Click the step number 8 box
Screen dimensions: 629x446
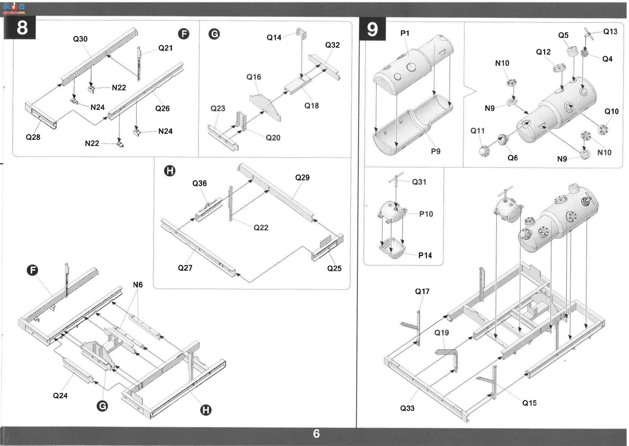pos(20,28)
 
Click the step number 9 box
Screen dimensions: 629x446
pos(373,29)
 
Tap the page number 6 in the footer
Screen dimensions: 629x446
pos(317,434)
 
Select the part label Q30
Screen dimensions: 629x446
pos(80,39)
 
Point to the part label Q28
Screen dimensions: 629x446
pos(33,137)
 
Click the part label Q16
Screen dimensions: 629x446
pos(254,77)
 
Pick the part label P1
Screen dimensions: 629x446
pos(405,33)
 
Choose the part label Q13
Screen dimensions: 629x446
pos(610,31)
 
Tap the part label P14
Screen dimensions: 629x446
pos(425,255)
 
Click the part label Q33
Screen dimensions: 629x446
pos(407,408)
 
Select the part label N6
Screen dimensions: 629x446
pos(138,285)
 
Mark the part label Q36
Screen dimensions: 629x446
pos(200,184)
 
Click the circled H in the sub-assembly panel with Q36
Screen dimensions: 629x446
pos(170,171)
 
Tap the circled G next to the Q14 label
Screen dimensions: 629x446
pos(214,34)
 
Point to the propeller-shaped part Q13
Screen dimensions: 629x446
pos(589,34)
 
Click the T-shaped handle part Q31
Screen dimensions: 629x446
pos(396,179)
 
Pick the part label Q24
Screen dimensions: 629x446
pos(60,396)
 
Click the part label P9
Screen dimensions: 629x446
pos(436,151)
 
